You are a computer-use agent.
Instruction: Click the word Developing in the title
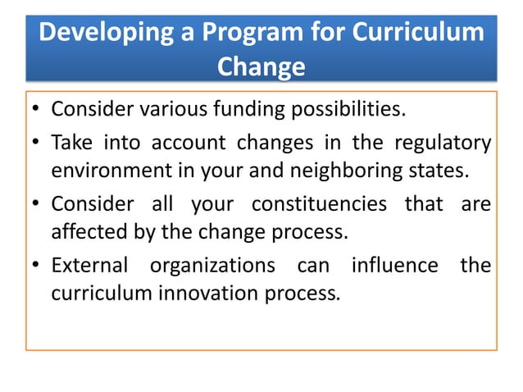(102, 34)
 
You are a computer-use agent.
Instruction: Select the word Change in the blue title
(261, 67)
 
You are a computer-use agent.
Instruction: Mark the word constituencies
(319, 203)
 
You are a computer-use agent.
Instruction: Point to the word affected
(86, 234)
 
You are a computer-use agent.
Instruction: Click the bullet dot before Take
(36, 144)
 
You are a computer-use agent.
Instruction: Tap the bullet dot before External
(36, 267)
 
